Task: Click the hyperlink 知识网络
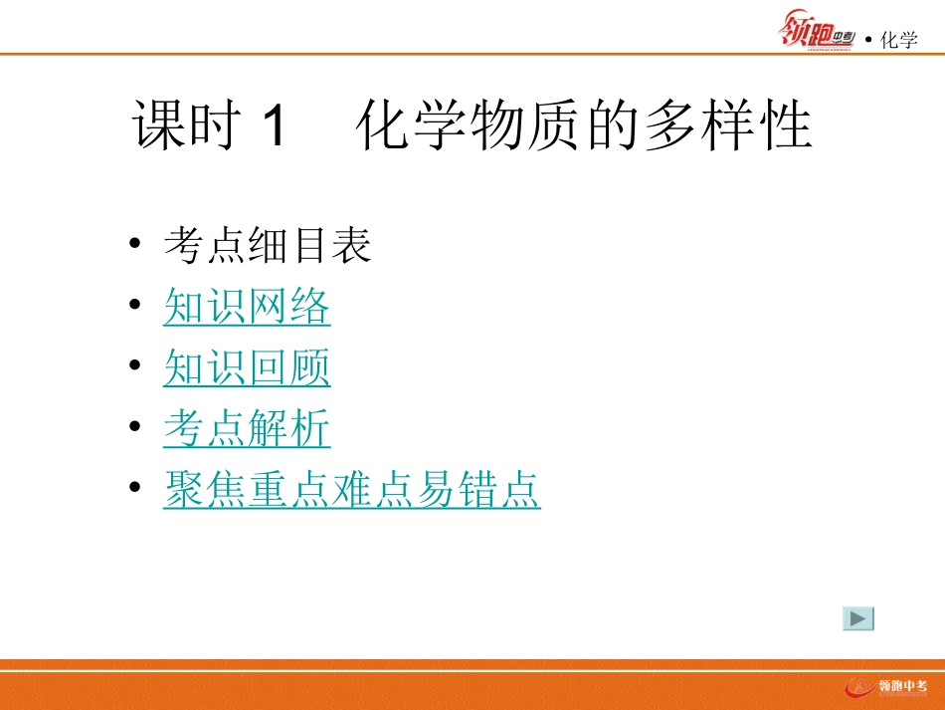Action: (x=247, y=309)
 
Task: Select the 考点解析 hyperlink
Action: (x=247, y=430)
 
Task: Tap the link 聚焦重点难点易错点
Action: (x=351, y=491)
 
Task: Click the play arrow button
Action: (x=858, y=618)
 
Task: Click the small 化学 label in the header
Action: (x=898, y=40)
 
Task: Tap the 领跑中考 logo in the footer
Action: (x=885, y=687)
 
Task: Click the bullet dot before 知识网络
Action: (x=135, y=309)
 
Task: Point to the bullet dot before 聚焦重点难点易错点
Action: (x=135, y=491)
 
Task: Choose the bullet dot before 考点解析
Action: (x=135, y=430)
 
